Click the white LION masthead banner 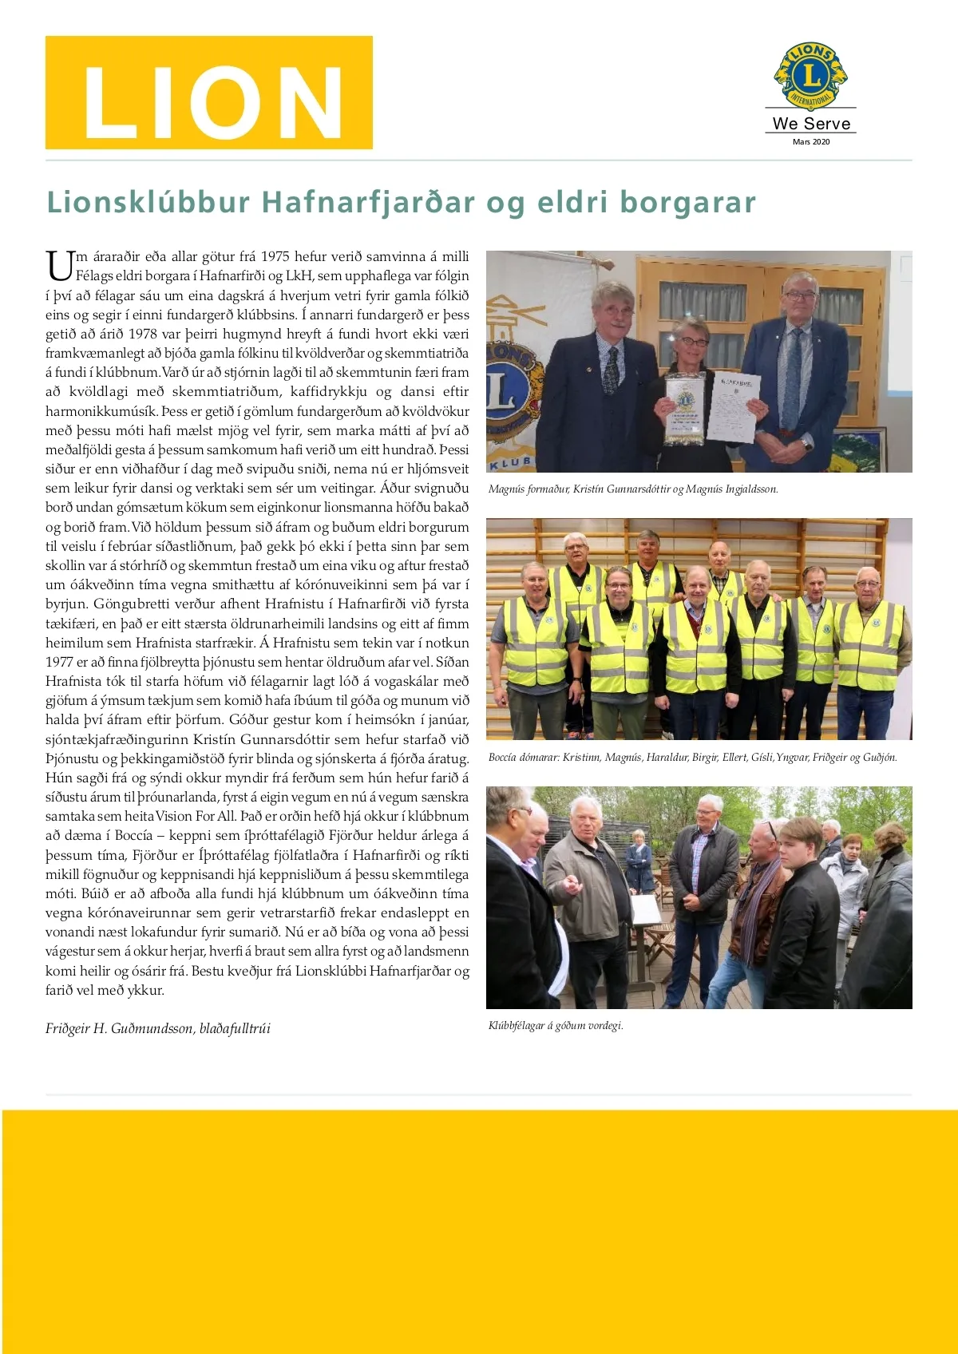(x=209, y=93)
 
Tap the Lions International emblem (x=810, y=76)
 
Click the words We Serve (x=811, y=124)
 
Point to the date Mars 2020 (x=810, y=142)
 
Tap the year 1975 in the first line (x=275, y=256)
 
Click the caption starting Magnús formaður (x=632, y=489)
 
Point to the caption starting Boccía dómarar (x=692, y=757)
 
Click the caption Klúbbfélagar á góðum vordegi (x=556, y=1025)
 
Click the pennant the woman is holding (x=686, y=409)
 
